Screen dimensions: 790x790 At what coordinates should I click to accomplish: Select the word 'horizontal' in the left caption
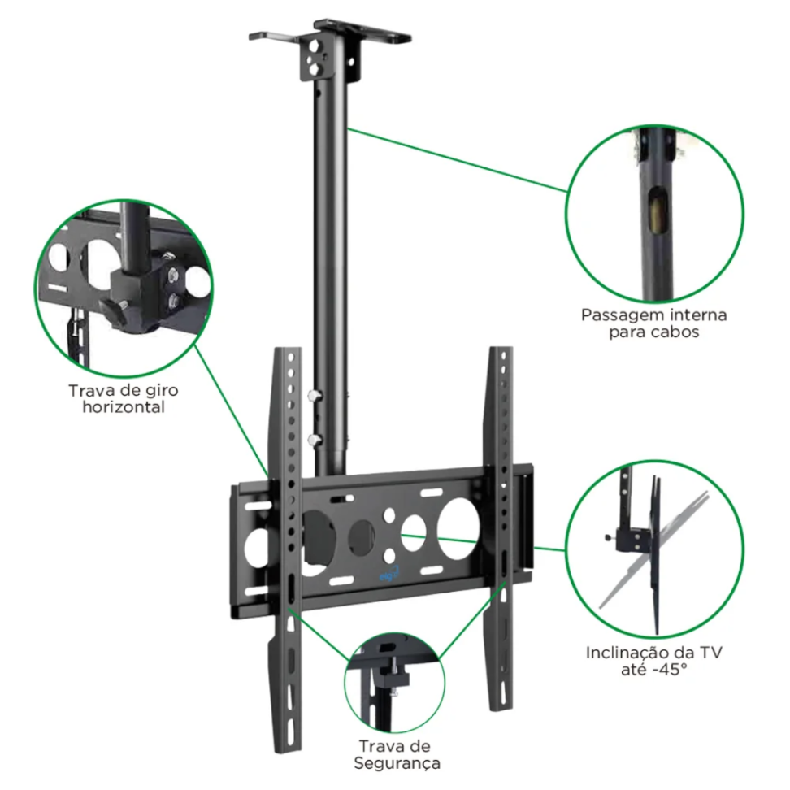[x=124, y=406]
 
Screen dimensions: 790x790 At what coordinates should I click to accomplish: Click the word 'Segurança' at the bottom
[x=397, y=763]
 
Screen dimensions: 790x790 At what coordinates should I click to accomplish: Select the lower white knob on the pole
[x=315, y=441]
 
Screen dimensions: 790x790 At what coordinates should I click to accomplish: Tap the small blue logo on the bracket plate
[x=390, y=575]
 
